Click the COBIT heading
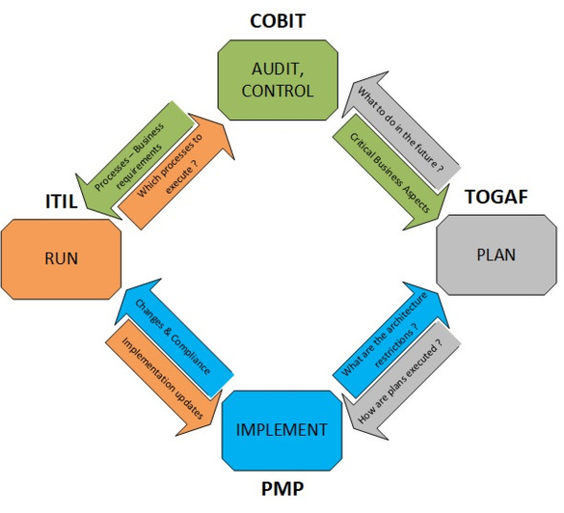pyautogui.click(x=278, y=21)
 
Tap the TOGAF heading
pyautogui.click(x=496, y=196)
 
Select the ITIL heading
pyautogui.click(x=61, y=201)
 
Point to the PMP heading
pyautogui.click(x=282, y=488)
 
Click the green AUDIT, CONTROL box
pyautogui.click(x=278, y=80)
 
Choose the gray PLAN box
pyautogui.click(x=496, y=255)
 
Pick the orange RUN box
pyautogui.click(x=61, y=258)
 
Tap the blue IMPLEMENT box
pyautogui.click(x=282, y=430)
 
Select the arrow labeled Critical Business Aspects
pyautogui.click(x=390, y=173)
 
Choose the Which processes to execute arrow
pyautogui.click(x=177, y=172)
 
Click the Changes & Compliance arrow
pyautogui.click(x=174, y=338)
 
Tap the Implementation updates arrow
pyautogui.click(x=163, y=378)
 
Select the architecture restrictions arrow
pyautogui.click(x=391, y=340)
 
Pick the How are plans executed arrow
pyautogui.click(x=401, y=381)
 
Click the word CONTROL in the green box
pyautogui.click(x=278, y=91)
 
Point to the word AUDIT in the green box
pyautogui.click(x=278, y=69)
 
